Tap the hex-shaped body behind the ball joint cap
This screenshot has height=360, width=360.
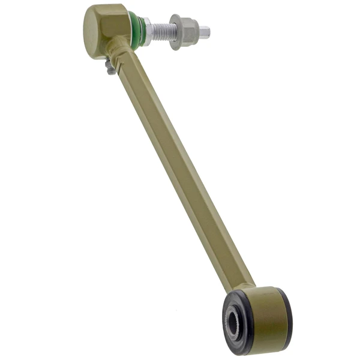coord(116,24)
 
